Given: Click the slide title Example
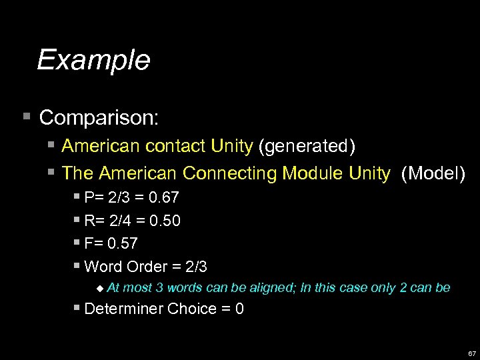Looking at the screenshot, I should pyautogui.click(x=93, y=60).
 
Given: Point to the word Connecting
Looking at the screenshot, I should pyautogui.click(x=230, y=174).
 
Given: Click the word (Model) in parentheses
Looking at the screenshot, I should pyautogui.click(x=433, y=174).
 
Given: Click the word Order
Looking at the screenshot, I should pyautogui.click(x=146, y=267).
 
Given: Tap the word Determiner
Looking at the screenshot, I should pyautogui.click(x=124, y=309).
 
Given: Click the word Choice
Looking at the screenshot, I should pyautogui.click(x=190, y=309).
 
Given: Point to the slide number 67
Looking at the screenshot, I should pyautogui.click(x=471, y=353).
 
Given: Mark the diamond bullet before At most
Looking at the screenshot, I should pyautogui.click(x=99, y=288).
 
